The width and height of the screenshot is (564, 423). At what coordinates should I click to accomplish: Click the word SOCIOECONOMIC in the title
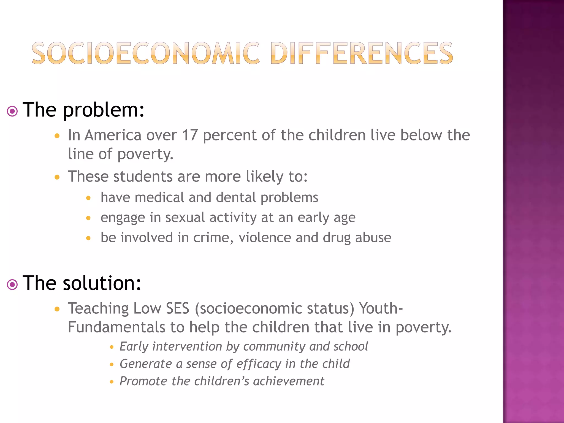pos(145,53)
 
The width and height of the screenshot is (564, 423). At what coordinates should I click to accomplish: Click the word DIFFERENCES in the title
pos(362,53)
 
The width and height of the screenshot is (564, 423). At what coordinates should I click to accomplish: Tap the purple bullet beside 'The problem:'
pos(12,112)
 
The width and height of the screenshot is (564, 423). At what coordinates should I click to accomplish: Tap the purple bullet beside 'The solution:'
pos(12,284)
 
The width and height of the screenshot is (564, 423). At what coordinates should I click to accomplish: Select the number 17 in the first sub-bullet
pos(190,135)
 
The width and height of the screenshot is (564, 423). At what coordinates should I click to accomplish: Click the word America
pos(113,135)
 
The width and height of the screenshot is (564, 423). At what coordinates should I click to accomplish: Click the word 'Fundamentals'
pos(116,327)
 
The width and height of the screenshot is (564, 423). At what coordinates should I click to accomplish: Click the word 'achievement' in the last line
pos(288,381)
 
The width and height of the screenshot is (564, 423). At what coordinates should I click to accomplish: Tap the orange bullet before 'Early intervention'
pos(112,347)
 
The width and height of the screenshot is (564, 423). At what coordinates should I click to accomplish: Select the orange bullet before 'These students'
pos(57,177)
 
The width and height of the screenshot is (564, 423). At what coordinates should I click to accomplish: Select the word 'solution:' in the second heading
pos(102,283)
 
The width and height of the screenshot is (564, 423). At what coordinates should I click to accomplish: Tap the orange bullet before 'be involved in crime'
pos(88,238)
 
